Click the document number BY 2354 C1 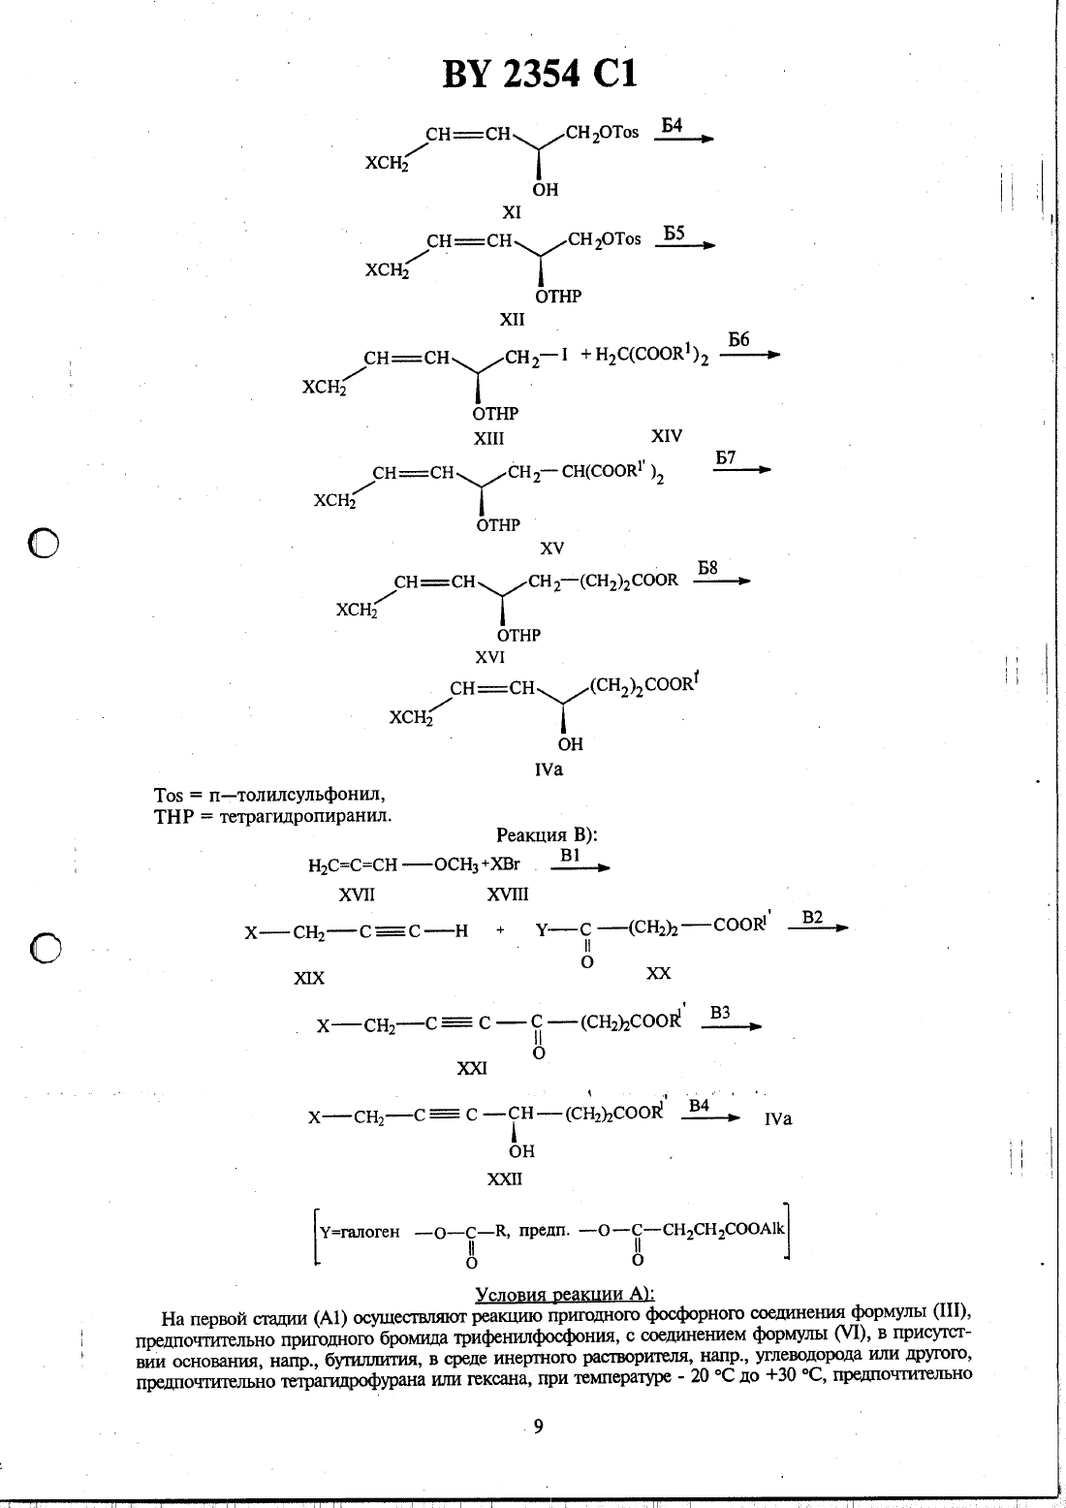[539, 74]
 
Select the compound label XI [512, 213]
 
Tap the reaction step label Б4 [671, 125]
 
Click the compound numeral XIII [488, 439]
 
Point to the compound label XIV [667, 436]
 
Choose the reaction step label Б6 [738, 340]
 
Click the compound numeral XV [551, 549]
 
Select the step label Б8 [707, 568]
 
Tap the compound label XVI [489, 657]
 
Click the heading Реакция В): [547, 835]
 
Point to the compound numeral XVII [357, 895]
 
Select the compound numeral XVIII [508, 894]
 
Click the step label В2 [812, 918]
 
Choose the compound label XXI [472, 1068]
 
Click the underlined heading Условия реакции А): [565, 1295]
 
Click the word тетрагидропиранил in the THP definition [305, 817]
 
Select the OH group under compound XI [545, 190]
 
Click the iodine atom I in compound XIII [564, 356]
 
